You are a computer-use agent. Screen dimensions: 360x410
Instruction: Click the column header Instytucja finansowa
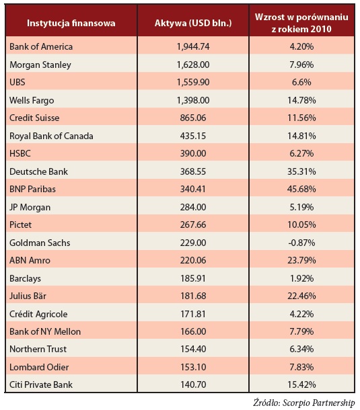(71, 23)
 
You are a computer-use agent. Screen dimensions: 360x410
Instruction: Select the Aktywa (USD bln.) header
(193, 23)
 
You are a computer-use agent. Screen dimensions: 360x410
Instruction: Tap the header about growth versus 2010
(301, 23)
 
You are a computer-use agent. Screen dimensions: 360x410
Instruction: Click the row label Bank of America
(41, 46)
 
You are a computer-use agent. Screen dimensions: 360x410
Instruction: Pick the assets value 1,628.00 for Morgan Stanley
(193, 65)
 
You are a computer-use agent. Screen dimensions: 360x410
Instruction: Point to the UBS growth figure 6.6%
(301, 82)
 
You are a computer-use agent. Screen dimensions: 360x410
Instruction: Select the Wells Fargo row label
(32, 100)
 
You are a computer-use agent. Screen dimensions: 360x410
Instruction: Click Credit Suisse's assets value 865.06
(193, 118)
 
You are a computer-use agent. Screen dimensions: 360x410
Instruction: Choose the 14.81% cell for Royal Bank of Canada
(301, 136)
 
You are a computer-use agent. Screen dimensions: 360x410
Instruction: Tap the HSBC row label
(20, 153)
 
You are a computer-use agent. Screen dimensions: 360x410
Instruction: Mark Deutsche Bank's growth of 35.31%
(301, 171)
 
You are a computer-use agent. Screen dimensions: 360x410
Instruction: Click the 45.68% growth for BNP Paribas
(301, 189)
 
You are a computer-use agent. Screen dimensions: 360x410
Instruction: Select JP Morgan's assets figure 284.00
(193, 207)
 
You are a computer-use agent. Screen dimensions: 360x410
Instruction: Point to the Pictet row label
(20, 224)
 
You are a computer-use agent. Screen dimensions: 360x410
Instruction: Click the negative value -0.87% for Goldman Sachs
(301, 243)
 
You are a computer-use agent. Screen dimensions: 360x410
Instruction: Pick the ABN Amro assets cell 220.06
(193, 260)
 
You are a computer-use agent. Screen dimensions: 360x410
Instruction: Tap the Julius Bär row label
(28, 296)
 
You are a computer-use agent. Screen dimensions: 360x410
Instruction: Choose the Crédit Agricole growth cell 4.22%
(301, 314)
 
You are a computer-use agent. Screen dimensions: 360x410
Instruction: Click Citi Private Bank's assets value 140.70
(193, 384)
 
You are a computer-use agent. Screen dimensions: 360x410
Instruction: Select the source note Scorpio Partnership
(319, 403)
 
